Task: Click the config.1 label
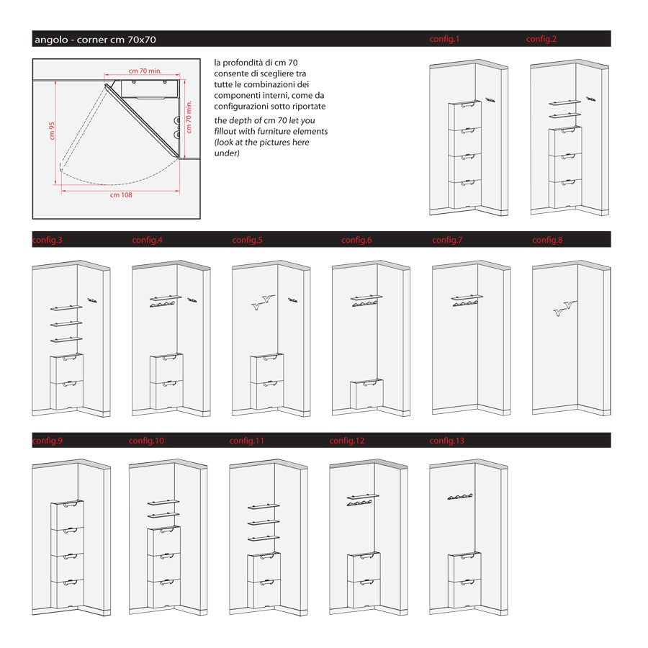[x=444, y=39]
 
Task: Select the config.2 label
[x=541, y=39]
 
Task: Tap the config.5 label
[x=247, y=240]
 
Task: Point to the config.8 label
[x=547, y=240]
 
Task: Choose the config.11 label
[x=247, y=440]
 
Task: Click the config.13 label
[x=447, y=440]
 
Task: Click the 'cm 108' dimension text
[x=121, y=195]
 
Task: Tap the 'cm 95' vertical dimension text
[x=53, y=131]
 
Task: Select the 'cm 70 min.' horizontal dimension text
[x=145, y=71]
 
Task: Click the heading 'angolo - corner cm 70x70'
[x=95, y=40]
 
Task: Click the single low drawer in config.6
[x=367, y=395]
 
